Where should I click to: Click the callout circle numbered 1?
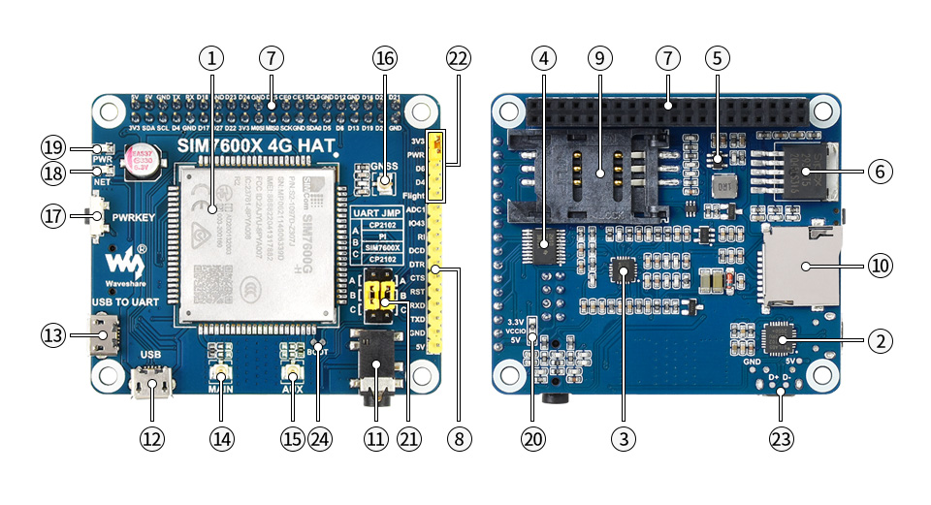pyautogui.click(x=212, y=57)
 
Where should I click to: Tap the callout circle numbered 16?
pyautogui.click(x=385, y=57)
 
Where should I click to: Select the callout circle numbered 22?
pyautogui.click(x=459, y=57)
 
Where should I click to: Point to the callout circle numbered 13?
pyautogui.click(x=54, y=337)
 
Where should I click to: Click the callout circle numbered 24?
pyautogui.click(x=320, y=438)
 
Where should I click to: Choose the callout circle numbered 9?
pyautogui.click(x=599, y=57)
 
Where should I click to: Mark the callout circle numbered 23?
pyautogui.click(x=781, y=438)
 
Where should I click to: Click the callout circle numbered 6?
pyautogui.click(x=879, y=172)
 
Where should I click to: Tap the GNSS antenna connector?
pyautogui.click(x=385, y=179)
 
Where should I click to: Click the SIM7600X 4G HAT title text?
pyautogui.click(x=256, y=145)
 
